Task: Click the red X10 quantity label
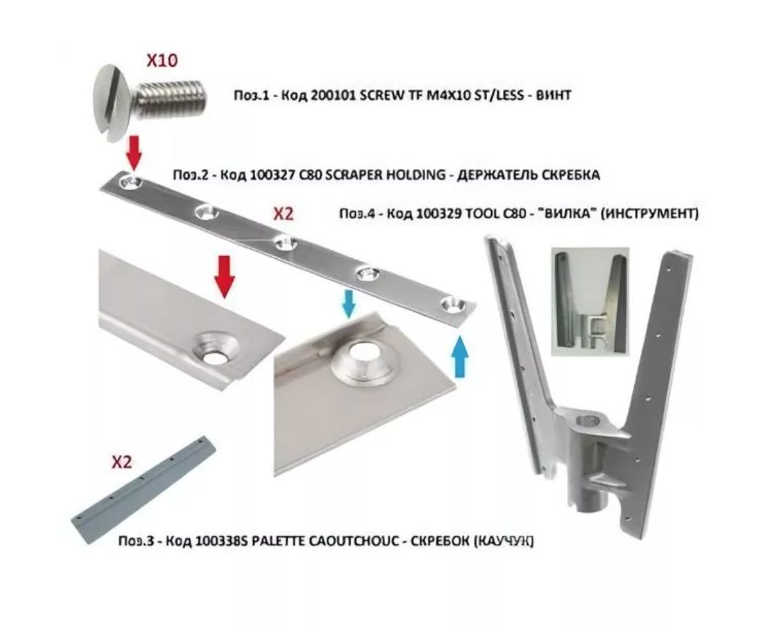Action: click(162, 60)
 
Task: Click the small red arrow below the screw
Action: click(134, 153)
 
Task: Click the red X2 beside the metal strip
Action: click(283, 214)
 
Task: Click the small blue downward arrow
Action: click(349, 303)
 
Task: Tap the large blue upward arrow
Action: click(460, 355)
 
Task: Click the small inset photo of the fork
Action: click(590, 302)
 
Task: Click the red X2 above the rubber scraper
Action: click(121, 463)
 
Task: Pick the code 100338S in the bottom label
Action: click(221, 541)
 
